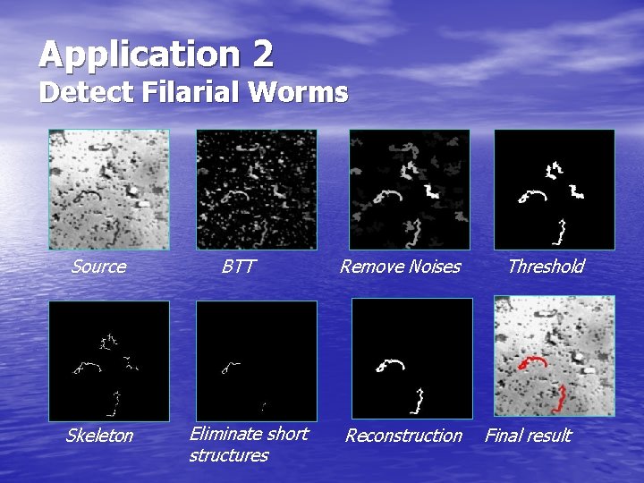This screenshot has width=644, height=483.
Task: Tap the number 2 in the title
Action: pos(263,55)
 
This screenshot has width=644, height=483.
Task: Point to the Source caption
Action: pos(98,267)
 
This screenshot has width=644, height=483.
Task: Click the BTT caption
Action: pos(238,267)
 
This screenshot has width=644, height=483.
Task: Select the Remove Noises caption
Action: pos(400,267)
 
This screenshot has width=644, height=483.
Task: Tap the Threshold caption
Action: pos(546,267)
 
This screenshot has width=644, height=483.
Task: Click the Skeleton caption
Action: pos(99,436)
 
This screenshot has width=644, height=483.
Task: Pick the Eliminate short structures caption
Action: pos(248,445)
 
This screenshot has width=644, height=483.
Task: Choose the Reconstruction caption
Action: pos(403,436)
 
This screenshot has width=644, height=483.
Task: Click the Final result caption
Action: pos(528,436)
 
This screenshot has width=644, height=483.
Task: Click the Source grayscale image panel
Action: pos(109,190)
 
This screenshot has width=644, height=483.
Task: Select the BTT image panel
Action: pos(256,190)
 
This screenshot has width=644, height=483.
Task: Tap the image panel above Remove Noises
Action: pos(409,190)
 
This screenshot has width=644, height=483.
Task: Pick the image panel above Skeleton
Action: pos(109,360)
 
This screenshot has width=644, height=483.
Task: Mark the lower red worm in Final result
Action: pos(561,397)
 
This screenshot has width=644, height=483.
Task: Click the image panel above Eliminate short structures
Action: pos(256,360)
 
